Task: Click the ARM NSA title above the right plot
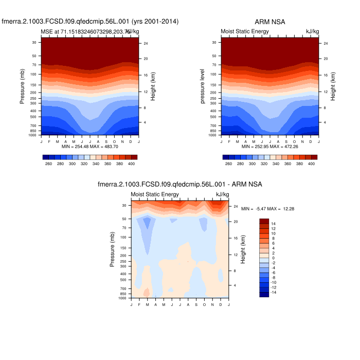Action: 270,22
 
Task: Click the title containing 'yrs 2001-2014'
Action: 89,22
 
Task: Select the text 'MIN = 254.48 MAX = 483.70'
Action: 89,147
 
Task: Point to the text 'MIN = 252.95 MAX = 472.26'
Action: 269,147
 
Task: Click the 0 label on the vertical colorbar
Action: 274,258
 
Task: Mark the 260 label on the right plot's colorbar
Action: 228,163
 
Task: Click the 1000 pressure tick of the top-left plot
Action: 33,135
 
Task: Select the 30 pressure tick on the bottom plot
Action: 124,206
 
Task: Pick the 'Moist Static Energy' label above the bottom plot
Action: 155,194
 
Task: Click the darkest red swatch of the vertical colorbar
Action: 264,221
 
